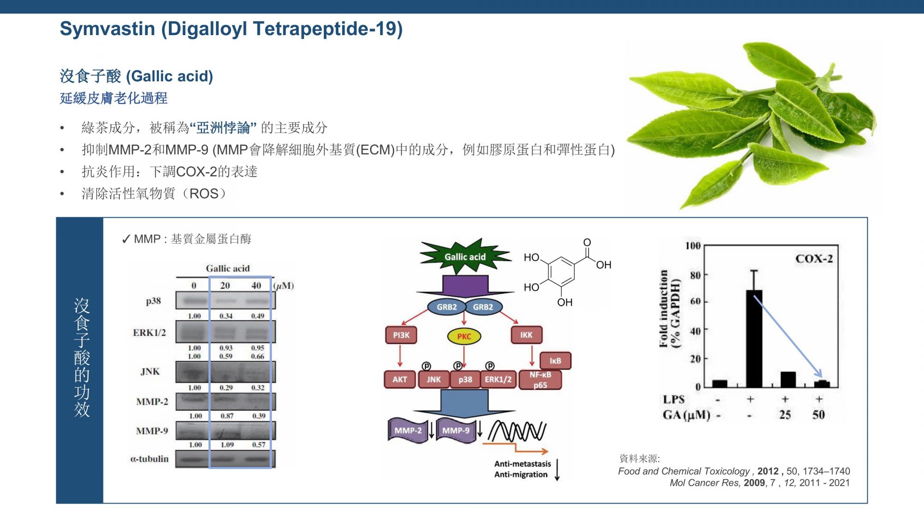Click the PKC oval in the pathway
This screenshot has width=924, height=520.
464,336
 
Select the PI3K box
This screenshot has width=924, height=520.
401,335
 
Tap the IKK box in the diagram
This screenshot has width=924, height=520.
526,335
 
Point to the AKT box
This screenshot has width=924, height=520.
399,379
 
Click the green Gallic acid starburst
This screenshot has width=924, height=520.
464,257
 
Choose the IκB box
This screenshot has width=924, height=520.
555,361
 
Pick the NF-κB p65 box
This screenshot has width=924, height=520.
540,380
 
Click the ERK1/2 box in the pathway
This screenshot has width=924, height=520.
498,379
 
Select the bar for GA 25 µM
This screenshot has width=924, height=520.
788,379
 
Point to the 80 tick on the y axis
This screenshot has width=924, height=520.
695,275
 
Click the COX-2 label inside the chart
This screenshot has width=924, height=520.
814,259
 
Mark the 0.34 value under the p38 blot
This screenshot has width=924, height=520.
226,316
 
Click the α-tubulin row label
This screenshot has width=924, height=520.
149,459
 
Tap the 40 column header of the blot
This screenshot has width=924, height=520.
256,286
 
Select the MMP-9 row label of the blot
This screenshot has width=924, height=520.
152,431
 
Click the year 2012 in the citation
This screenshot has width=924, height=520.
768,471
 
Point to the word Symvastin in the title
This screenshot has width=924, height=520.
107,29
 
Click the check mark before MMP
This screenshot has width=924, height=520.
126,239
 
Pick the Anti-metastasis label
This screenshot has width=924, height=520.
522,464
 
